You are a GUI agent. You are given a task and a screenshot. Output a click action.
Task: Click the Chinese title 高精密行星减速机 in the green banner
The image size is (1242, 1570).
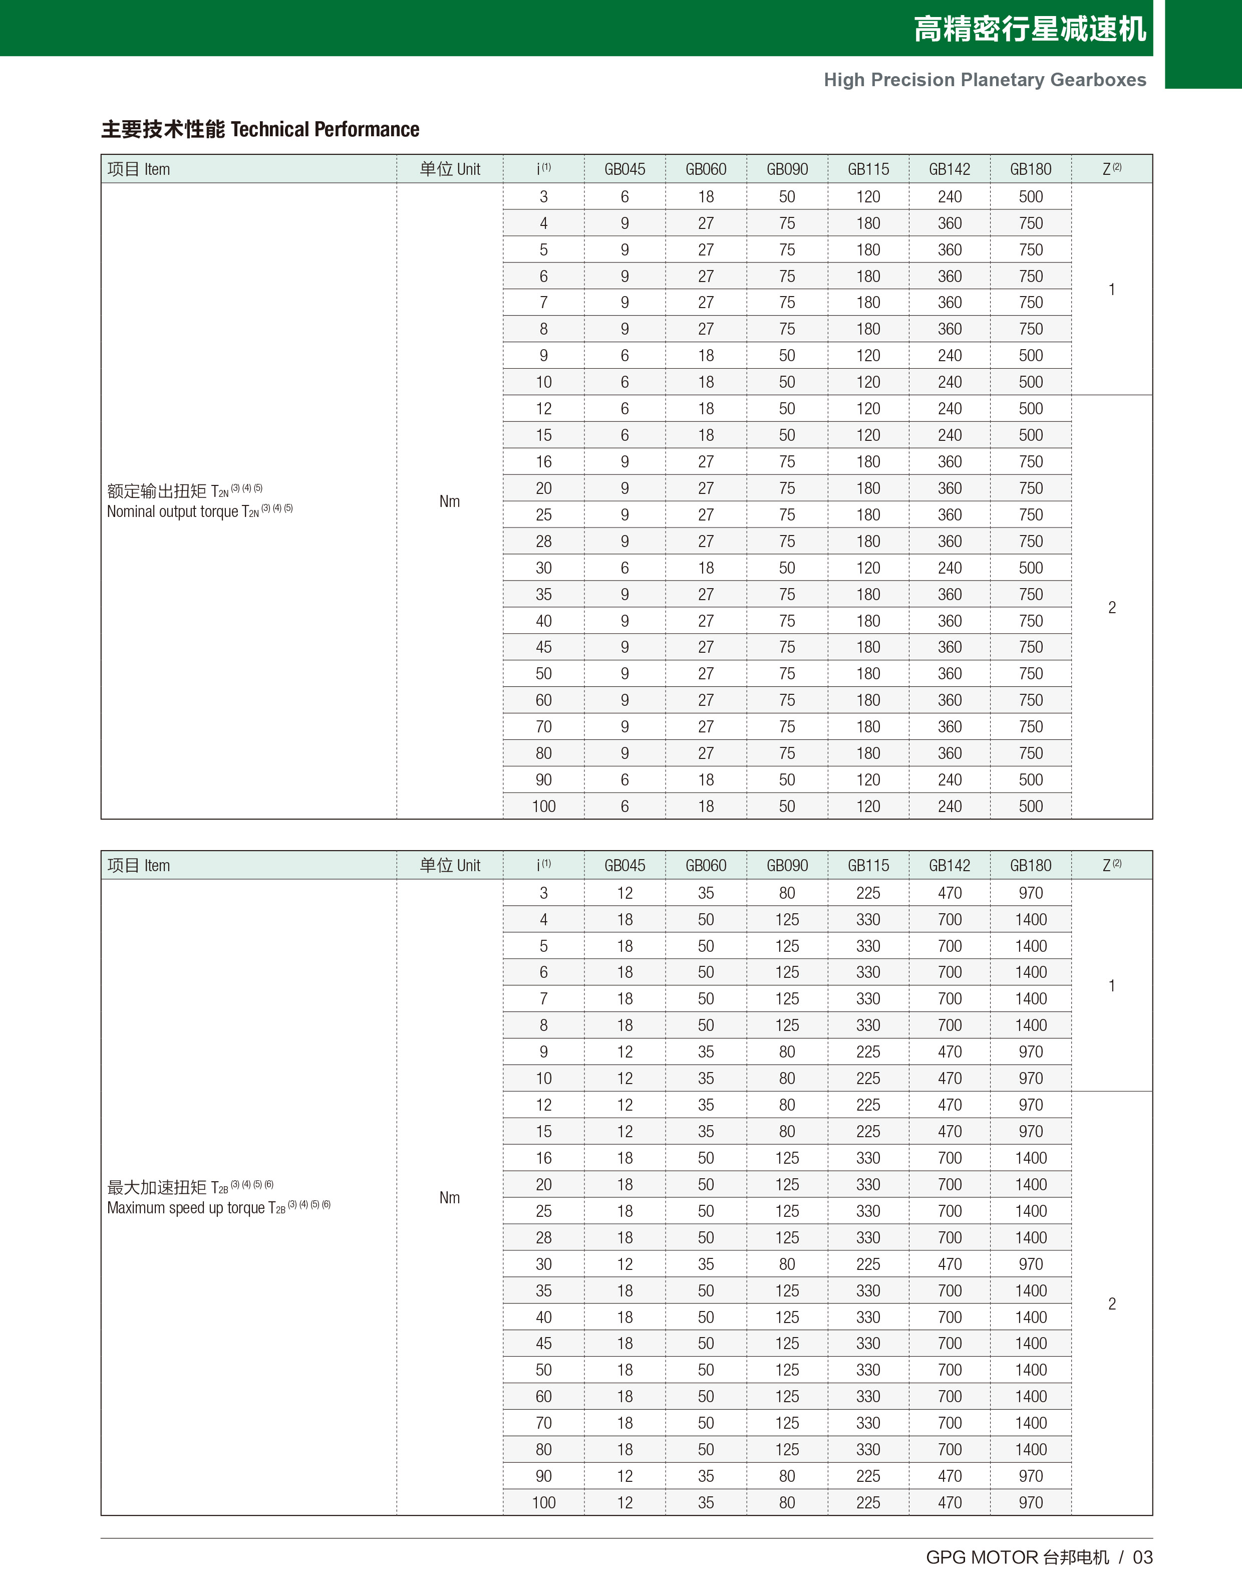[x=1029, y=29]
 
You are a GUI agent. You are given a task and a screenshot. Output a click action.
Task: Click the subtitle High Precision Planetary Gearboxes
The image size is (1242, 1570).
[x=985, y=80]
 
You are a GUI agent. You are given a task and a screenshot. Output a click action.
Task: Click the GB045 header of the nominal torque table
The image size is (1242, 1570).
[x=625, y=169]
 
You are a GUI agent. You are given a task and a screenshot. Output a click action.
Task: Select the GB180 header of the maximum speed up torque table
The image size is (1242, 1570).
[x=1030, y=865]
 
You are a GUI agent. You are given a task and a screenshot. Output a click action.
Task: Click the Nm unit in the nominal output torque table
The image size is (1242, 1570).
[x=449, y=501]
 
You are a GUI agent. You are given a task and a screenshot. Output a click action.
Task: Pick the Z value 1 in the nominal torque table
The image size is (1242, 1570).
[x=1112, y=290]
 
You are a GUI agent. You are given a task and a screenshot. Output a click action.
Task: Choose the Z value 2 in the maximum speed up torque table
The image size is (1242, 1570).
[x=1112, y=1304]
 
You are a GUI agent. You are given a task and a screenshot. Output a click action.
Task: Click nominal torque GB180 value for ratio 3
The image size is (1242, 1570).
[x=1030, y=197]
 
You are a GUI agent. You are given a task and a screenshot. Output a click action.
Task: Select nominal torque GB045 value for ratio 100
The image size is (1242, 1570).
[x=625, y=807]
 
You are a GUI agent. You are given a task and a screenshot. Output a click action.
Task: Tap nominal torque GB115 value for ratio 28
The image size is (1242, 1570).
[x=868, y=542]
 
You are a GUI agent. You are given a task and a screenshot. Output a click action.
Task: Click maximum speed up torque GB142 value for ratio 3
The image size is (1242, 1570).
[x=950, y=893]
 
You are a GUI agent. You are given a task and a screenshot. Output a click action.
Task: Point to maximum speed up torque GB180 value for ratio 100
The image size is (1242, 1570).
[x=1030, y=1502]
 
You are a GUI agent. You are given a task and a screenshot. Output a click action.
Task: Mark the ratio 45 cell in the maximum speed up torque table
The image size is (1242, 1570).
[x=543, y=1344]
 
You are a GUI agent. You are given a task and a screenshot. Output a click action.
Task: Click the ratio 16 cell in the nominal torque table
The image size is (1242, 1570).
[x=543, y=462]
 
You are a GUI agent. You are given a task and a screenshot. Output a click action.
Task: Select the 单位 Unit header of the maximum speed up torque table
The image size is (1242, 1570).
[x=449, y=865]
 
